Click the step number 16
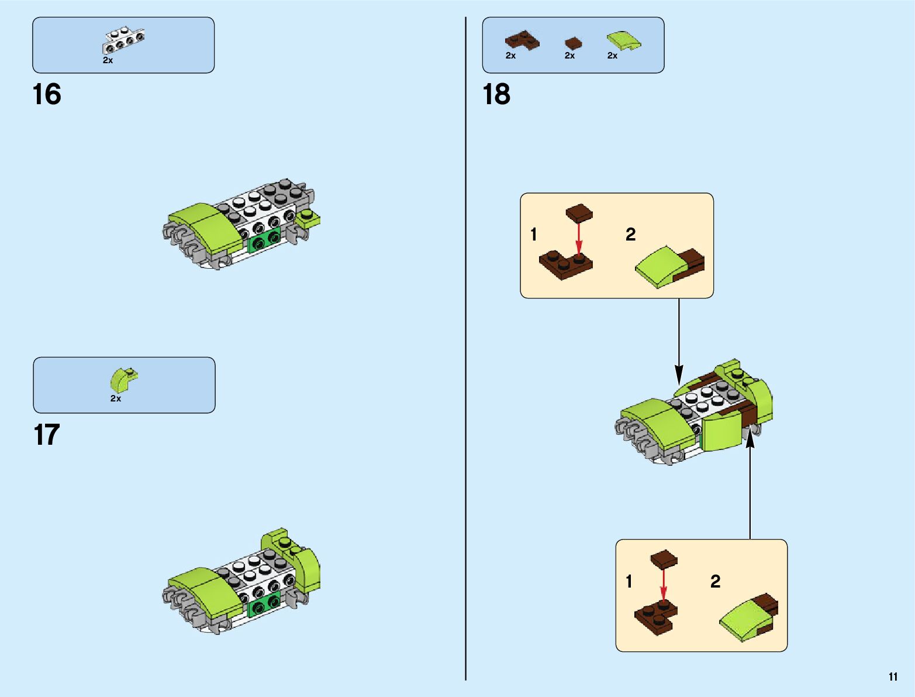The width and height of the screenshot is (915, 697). click(47, 94)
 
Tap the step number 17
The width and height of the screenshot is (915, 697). click(47, 435)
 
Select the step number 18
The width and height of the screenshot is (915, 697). click(496, 94)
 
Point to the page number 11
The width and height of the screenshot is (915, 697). click(893, 677)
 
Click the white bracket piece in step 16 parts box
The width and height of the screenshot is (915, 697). click(123, 40)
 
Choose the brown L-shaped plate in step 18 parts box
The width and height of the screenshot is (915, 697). click(522, 40)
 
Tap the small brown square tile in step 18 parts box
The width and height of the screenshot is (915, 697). click(573, 43)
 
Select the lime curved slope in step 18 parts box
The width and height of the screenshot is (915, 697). click(623, 41)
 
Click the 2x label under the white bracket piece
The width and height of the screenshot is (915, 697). click(108, 60)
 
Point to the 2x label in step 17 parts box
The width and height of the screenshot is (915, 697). click(116, 399)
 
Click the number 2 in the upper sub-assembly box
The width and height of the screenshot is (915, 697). click(630, 235)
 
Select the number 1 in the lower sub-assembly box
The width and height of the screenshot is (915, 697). click(629, 581)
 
